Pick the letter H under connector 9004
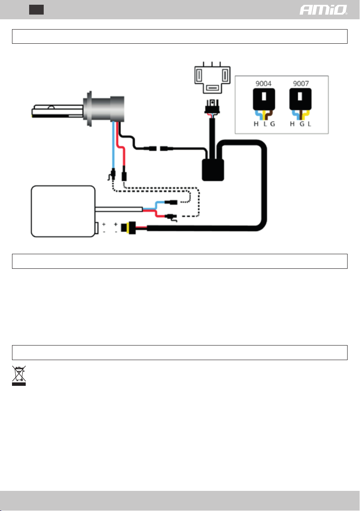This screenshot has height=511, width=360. click(x=250, y=124)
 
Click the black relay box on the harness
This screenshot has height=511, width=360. click(x=213, y=168)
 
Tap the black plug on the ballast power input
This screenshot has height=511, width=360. click(x=127, y=227)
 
